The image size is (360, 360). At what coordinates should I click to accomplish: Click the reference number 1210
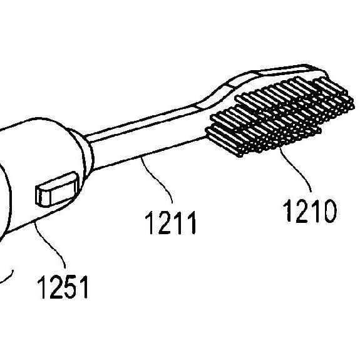point(310,211)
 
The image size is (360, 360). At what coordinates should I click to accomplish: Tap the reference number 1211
point(170,222)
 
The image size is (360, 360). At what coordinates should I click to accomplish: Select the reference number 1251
point(63,287)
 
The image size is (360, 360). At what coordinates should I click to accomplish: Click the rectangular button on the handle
point(57,190)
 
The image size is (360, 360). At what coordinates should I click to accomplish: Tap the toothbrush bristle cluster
point(279,116)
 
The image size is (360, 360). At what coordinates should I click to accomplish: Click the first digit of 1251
point(42,287)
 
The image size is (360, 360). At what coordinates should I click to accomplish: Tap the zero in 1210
point(329,211)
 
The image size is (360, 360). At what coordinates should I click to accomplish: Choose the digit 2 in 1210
point(302,211)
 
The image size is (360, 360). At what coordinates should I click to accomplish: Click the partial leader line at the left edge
point(8,277)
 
